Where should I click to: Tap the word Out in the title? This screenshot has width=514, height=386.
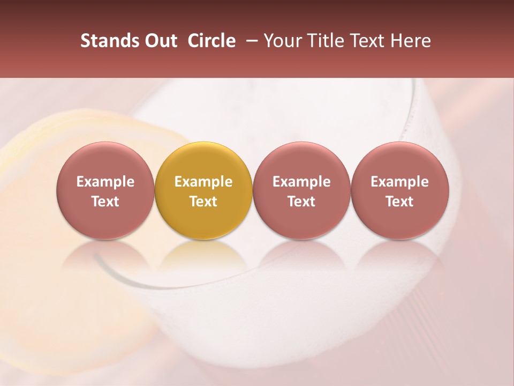tap(160, 41)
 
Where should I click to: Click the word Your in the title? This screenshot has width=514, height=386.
tap(283, 41)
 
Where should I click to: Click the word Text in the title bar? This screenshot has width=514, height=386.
tap(368, 41)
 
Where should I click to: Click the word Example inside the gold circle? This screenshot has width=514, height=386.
tap(203, 182)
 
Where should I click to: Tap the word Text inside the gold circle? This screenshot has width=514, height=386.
tap(203, 202)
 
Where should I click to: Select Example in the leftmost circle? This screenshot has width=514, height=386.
tap(105, 182)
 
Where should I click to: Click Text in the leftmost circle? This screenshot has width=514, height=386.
tap(105, 202)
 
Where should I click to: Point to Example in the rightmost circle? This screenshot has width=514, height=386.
tap(399, 182)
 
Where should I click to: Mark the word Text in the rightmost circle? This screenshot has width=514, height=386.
tap(399, 202)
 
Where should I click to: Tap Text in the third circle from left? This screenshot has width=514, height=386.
tap(301, 202)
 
